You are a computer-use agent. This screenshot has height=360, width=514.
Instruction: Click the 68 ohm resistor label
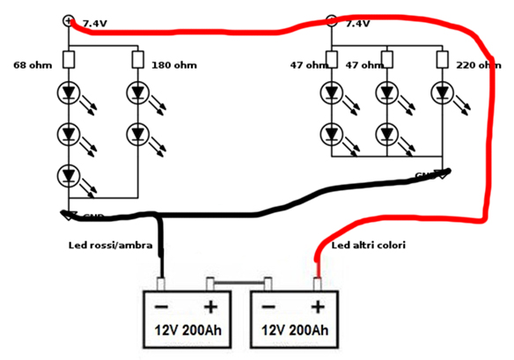[33, 64]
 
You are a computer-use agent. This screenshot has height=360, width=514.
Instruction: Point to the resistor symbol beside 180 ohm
[138, 60]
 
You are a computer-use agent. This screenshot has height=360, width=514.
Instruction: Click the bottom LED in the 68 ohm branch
[69, 175]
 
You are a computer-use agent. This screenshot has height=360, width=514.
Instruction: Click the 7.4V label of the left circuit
[93, 24]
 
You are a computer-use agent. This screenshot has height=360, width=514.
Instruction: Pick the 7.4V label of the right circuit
[357, 24]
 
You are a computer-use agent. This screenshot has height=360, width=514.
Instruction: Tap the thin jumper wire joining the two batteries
[239, 283]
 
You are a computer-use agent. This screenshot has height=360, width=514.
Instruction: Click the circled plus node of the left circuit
[69, 20]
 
